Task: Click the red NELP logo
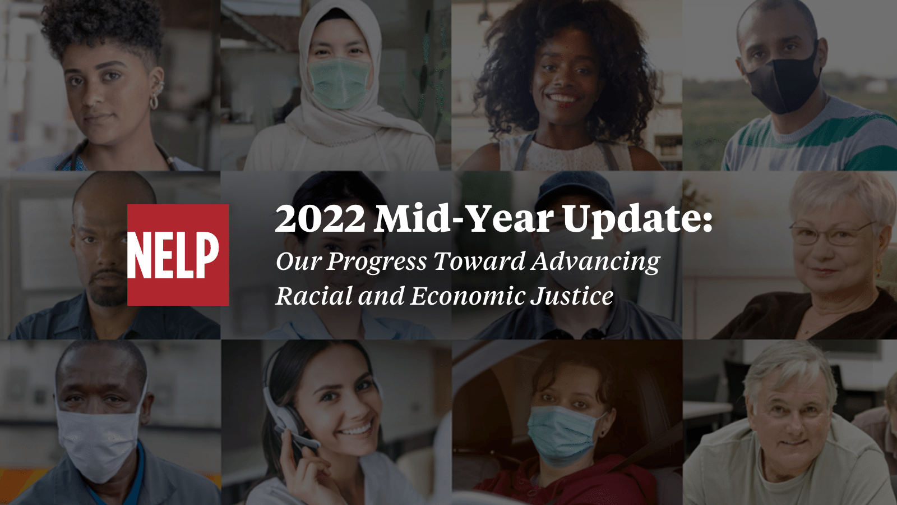(x=178, y=255)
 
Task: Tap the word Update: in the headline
(x=637, y=219)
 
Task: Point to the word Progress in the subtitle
(x=376, y=262)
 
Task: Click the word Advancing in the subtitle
(x=596, y=262)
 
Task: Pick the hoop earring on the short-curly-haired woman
(x=153, y=102)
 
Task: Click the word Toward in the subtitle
(x=479, y=261)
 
